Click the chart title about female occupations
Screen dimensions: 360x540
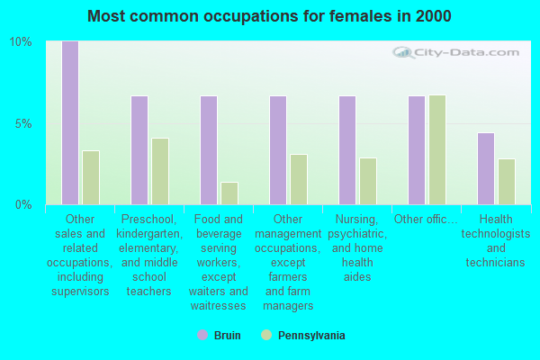point(270,16)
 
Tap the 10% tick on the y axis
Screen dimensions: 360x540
point(21,42)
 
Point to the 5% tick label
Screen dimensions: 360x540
point(23,123)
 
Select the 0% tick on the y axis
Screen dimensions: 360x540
point(23,204)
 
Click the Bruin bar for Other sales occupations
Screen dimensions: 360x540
point(69,123)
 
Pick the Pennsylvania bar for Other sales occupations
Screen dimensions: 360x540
point(90,177)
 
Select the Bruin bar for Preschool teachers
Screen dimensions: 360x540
point(139,150)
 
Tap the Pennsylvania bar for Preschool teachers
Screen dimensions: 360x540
point(159,171)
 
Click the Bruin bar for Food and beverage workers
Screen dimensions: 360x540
point(208,150)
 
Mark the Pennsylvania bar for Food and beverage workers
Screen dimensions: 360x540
point(229,193)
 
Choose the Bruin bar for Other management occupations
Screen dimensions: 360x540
point(277,150)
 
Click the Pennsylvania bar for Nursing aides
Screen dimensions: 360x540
point(367,181)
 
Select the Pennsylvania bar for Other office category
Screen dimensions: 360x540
point(436,149)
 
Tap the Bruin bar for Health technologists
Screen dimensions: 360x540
point(485,168)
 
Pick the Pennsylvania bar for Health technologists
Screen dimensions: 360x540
point(506,182)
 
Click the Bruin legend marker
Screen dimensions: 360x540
point(202,336)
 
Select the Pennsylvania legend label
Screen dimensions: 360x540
point(311,336)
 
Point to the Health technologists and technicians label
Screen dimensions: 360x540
point(495,241)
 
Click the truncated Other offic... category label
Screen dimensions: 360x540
point(426,219)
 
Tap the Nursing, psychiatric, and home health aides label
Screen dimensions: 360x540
point(356,247)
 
